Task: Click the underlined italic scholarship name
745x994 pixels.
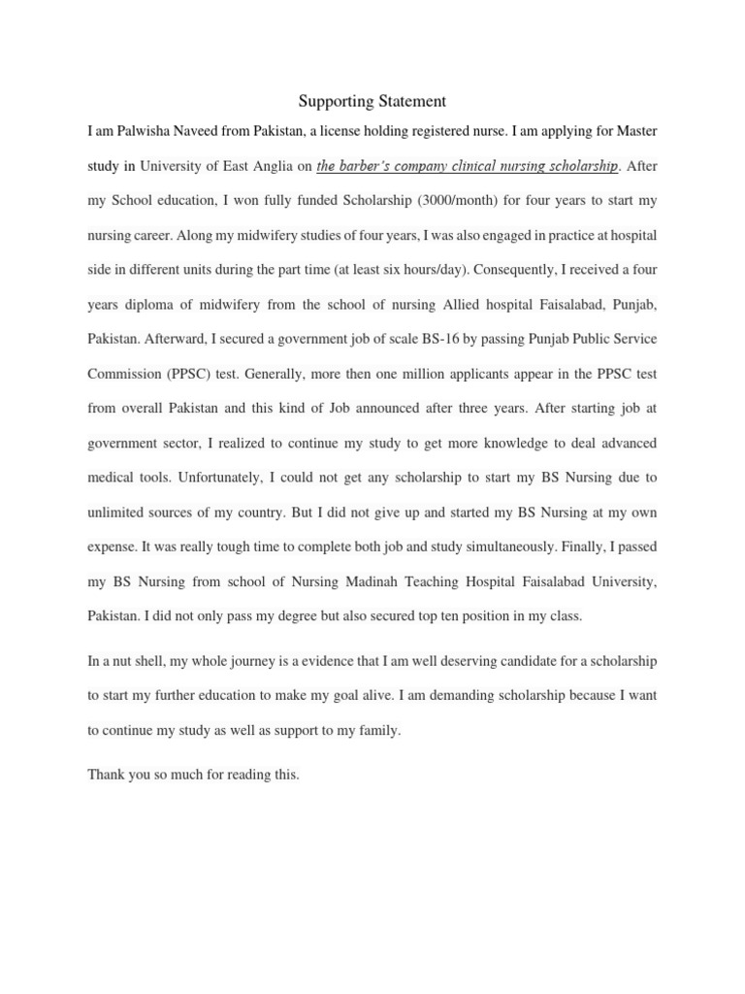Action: click(467, 166)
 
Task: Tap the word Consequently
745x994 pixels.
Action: click(515, 270)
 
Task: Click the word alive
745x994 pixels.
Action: click(411, 696)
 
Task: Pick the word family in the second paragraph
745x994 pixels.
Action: click(375, 730)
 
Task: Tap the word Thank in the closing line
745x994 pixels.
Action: click(106, 775)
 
